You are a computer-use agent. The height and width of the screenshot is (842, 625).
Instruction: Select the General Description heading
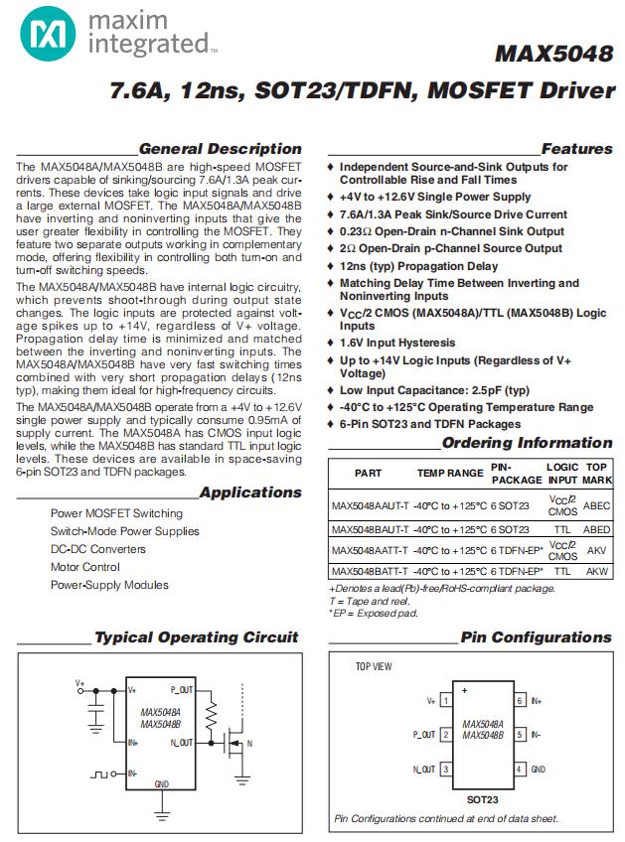(x=220, y=149)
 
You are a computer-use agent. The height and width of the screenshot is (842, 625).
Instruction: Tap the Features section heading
(x=576, y=149)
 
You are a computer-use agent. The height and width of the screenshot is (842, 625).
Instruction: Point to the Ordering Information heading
(x=527, y=443)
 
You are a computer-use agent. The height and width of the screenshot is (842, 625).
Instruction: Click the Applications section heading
(x=249, y=492)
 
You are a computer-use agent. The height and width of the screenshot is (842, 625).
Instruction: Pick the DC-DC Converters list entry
(x=97, y=549)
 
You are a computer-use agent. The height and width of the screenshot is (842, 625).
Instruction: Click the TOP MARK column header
(x=596, y=472)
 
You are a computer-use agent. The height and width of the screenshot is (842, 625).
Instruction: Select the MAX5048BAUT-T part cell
(x=368, y=530)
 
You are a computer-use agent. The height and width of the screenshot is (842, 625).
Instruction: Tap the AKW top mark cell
(x=596, y=572)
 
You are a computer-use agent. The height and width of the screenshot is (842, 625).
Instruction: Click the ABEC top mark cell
(x=596, y=505)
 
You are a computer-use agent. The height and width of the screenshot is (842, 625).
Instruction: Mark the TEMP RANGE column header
(x=450, y=474)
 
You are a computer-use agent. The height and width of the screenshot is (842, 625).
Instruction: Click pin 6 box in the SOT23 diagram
(x=519, y=701)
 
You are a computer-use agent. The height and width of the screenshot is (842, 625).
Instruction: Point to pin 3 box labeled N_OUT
(x=447, y=770)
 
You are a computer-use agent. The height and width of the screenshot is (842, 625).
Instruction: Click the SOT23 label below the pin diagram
(x=482, y=798)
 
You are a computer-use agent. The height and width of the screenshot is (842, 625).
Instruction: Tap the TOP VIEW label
(x=376, y=667)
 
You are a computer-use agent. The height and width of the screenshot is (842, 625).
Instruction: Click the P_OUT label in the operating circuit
(x=182, y=688)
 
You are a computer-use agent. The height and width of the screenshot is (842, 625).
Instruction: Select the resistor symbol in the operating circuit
(x=211, y=715)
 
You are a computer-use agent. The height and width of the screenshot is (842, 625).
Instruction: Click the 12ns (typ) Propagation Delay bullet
(x=418, y=266)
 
